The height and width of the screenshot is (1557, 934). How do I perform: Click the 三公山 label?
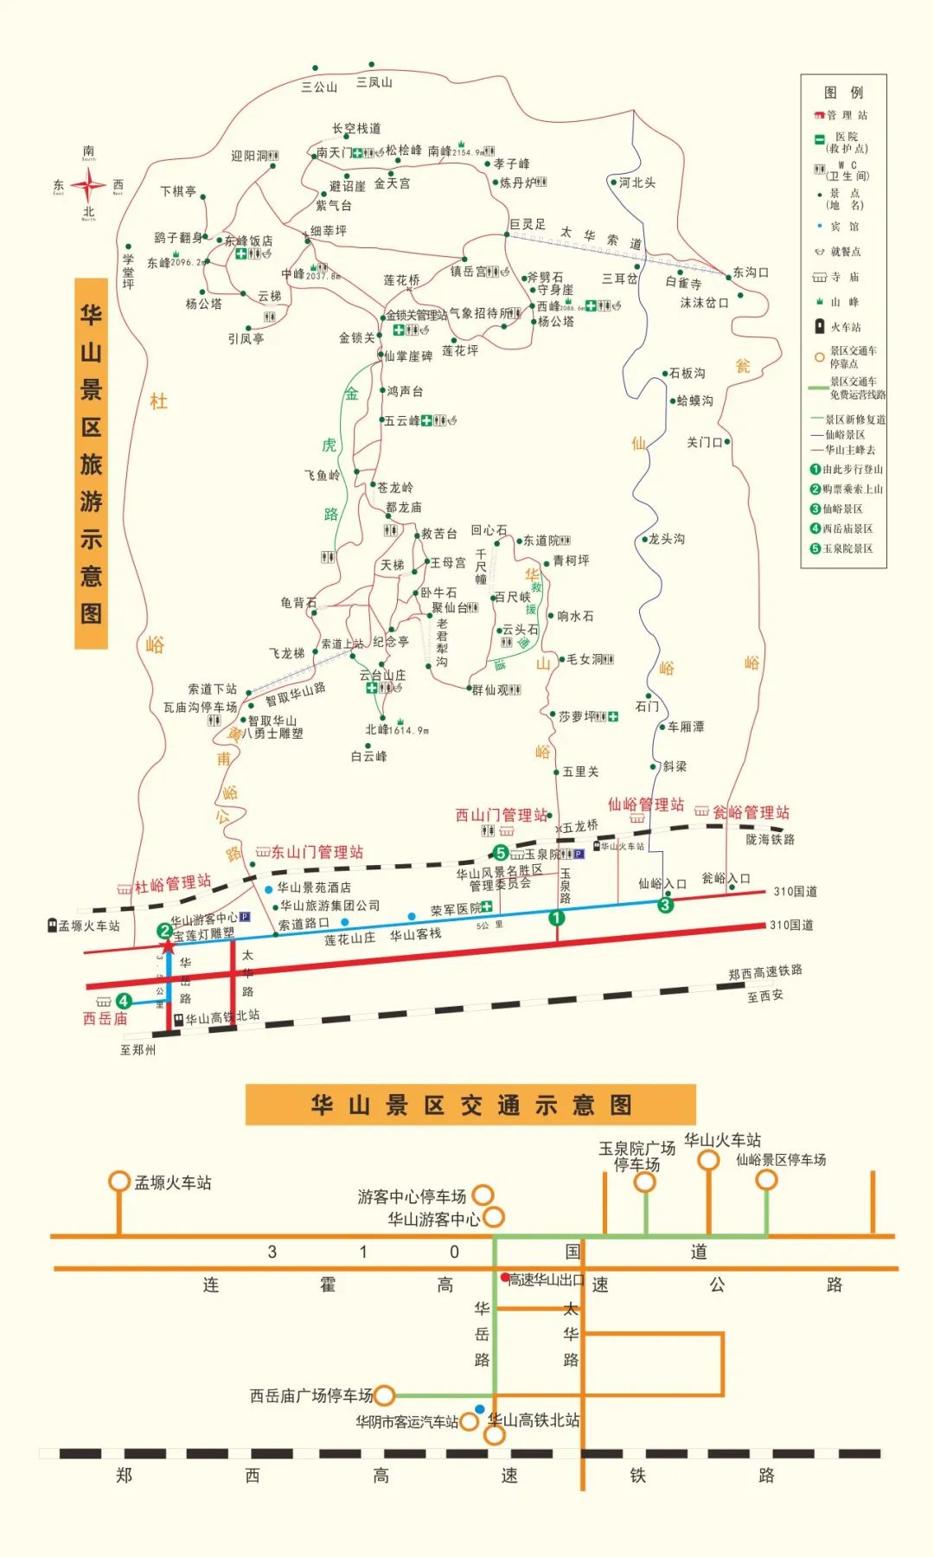point(319,87)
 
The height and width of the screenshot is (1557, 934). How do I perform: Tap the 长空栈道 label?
point(356,129)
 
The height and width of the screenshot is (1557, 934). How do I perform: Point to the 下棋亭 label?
point(178,191)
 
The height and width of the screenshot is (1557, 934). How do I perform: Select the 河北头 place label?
point(637,183)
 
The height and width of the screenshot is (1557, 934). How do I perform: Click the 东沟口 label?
point(751,272)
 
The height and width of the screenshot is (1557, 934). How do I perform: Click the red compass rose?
point(88,185)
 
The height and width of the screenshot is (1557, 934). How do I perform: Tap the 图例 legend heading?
point(843,93)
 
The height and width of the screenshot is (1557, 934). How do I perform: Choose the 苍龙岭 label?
point(394,488)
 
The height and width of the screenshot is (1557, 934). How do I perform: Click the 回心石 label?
point(489,530)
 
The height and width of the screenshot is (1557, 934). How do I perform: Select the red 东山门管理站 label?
point(317,852)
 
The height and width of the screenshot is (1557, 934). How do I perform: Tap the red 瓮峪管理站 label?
point(751,812)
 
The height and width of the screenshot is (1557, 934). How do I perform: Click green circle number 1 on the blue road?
point(557,918)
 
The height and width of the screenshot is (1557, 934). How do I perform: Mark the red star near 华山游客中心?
point(168,946)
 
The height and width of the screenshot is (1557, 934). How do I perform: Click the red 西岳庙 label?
point(105,1019)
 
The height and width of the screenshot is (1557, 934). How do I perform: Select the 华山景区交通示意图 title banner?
point(470,1105)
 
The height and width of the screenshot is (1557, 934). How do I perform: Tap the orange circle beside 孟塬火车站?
point(119,1182)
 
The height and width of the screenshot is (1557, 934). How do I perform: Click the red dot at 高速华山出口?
point(505,1277)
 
